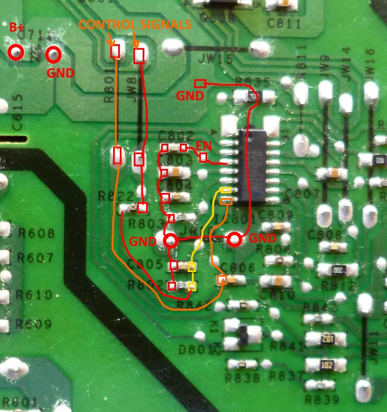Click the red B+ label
pos(17,28)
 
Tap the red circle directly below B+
pos(16,52)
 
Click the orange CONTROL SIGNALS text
pos(135,25)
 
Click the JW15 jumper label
pos(218,59)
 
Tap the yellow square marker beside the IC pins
pos(226,190)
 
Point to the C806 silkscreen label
pos(238,268)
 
